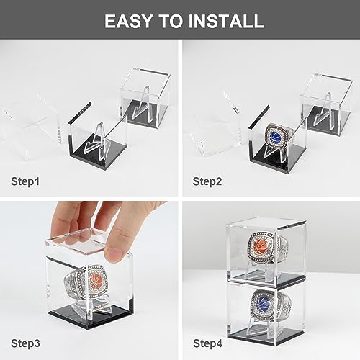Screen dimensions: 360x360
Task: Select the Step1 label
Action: (25, 181)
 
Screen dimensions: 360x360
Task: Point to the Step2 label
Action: (207, 181)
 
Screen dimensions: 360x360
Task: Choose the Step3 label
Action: (25, 343)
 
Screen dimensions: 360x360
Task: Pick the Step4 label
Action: (208, 343)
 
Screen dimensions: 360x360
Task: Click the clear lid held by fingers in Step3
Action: (78, 243)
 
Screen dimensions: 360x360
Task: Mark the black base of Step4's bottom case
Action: (266, 333)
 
